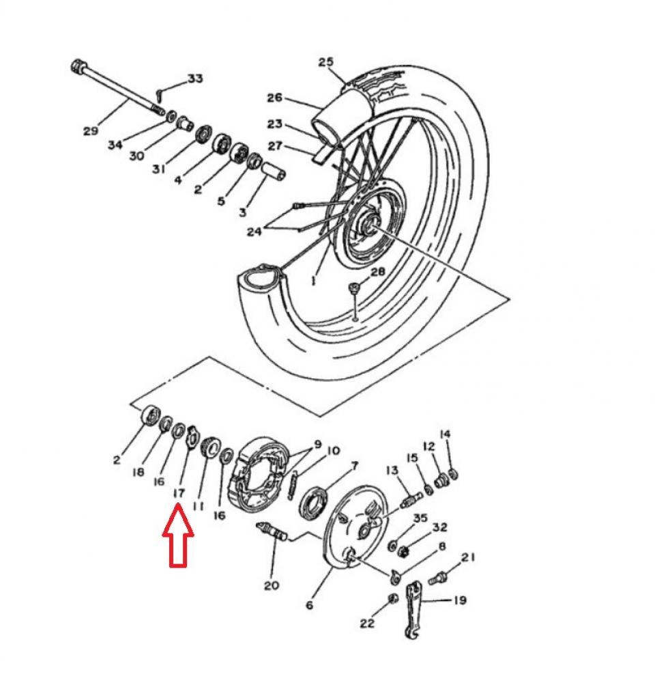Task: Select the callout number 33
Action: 195,79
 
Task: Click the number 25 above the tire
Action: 326,62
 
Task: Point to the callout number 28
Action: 377,272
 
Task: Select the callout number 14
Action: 445,434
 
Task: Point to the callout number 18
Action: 139,471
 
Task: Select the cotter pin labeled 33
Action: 159,89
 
